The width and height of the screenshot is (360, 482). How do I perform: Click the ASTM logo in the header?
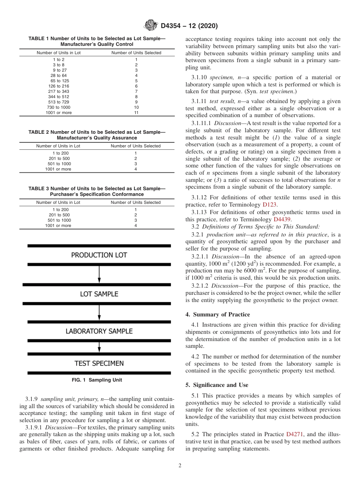[151, 26]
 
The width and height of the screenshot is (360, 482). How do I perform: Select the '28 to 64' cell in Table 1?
[58, 75]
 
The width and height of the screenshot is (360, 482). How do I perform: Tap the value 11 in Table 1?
[136, 113]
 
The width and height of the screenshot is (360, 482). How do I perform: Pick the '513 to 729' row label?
[58, 102]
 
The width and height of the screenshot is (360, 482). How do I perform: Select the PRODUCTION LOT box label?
[99, 255]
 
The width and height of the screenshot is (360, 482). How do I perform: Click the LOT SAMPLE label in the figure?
[99, 294]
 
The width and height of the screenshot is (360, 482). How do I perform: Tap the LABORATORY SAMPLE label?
[99, 331]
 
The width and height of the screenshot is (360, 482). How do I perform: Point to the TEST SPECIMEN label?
[99, 363]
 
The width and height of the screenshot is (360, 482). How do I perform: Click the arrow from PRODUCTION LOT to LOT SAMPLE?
[99, 274]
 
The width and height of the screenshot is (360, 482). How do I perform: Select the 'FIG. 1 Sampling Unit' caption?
[97, 380]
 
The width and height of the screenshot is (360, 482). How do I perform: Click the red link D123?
[269, 204]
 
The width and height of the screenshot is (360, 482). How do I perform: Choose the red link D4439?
[282, 219]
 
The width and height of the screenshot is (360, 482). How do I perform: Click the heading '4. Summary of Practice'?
[218, 315]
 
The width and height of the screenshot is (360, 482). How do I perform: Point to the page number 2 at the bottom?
[180, 466]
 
